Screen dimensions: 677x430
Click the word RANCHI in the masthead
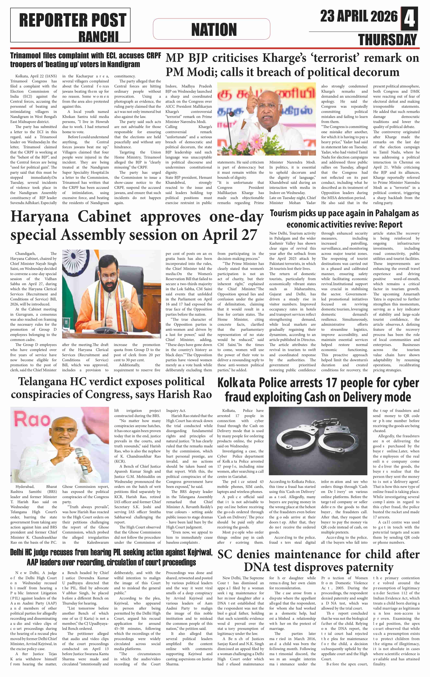point(98,36)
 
